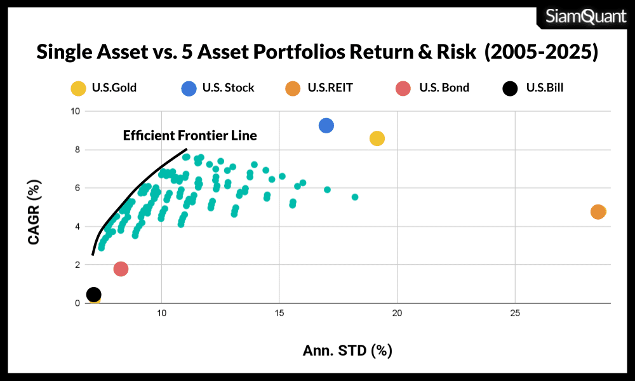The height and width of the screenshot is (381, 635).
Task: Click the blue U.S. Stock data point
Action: (x=326, y=126)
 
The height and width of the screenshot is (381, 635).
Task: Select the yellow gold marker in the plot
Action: (x=377, y=138)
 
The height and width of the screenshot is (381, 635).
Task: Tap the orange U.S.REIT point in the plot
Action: (x=598, y=211)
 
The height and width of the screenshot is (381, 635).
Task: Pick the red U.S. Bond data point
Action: (x=121, y=269)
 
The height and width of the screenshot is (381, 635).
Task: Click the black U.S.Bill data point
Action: (x=93, y=294)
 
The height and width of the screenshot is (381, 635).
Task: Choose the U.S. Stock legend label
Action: (x=229, y=88)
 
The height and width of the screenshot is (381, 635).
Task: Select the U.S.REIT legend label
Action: (x=330, y=88)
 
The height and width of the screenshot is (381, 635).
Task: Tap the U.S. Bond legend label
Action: (x=444, y=88)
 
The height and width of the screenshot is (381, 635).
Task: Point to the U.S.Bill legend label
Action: (x=545, y=88)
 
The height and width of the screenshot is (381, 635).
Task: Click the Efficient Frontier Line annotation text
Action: (x=190, y=135)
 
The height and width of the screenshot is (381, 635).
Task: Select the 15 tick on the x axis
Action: (x=279, y=314)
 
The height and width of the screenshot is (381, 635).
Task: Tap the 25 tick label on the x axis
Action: (x=514, y=314)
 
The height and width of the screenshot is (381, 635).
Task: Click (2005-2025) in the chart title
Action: (x=542, y=52)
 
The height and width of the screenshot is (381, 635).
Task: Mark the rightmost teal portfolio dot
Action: (x=355, y=197)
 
